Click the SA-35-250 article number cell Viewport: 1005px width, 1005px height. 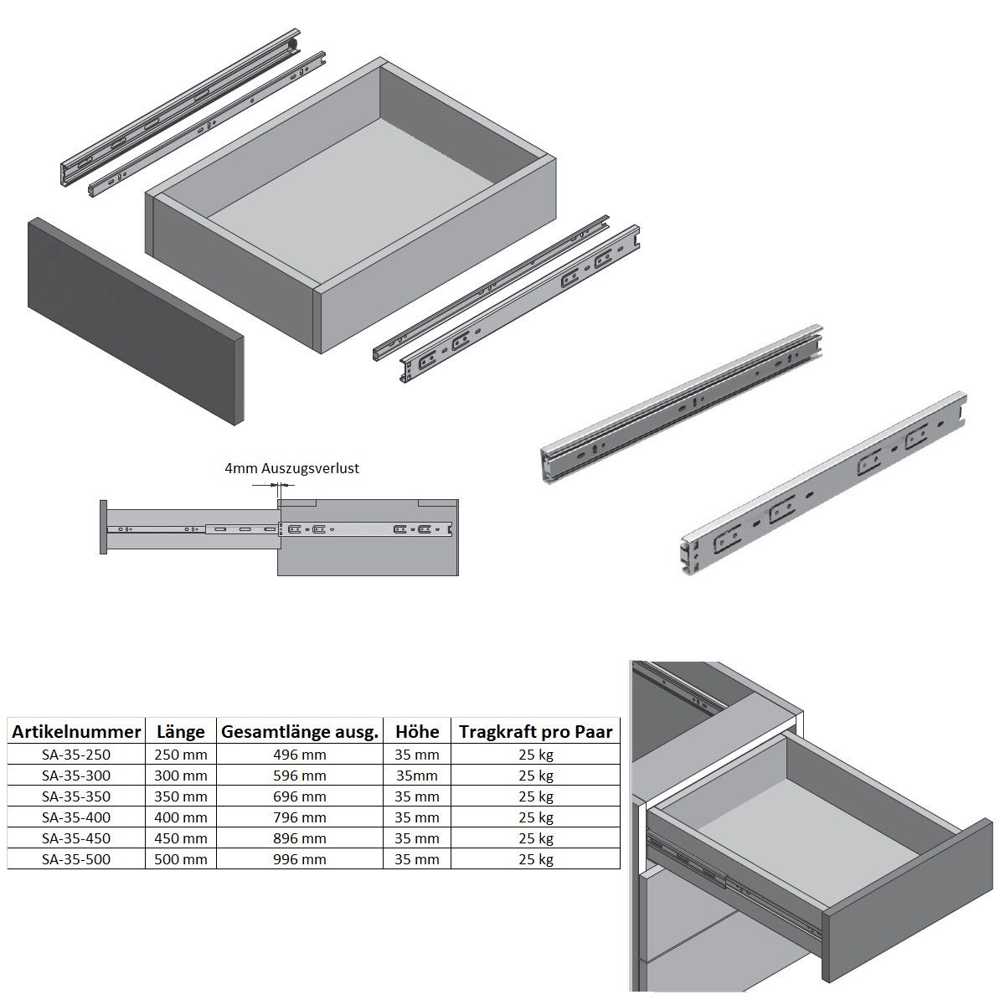(76, 755)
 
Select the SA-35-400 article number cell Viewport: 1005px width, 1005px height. (76, 817)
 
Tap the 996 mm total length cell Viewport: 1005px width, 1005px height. (300, 859)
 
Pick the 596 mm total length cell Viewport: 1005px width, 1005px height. (300, 776)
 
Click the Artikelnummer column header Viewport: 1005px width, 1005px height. (76, 732)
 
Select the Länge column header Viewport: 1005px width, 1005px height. (180, 732)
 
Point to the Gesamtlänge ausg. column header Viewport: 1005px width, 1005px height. (300, 732)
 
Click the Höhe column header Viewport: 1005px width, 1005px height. (417, 732)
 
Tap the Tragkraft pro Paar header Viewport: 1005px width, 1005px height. (536, 732)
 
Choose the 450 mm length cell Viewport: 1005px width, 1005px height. (180, 838)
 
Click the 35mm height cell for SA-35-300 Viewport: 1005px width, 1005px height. (417, 776)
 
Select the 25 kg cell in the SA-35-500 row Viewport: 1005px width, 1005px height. (536, 859)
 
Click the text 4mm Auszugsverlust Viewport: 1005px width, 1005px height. (292, 468)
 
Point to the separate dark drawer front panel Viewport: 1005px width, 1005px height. (136, 322)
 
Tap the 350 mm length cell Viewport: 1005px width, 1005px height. (180, 796)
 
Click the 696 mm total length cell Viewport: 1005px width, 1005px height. (300, 796)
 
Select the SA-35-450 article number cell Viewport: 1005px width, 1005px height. (76, 838)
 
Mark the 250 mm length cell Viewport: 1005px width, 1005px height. (180, 755)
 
